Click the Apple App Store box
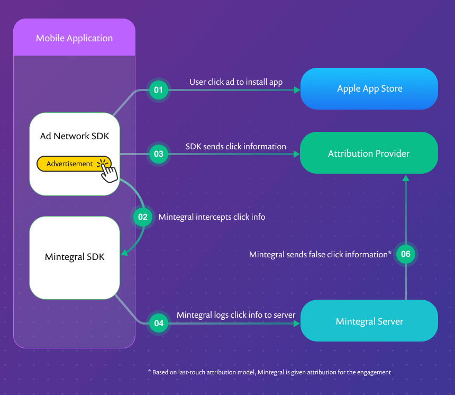[x=369, y=89]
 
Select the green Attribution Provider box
[x=369, y=154]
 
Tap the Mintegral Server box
[x=369, y=321]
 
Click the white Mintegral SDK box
[x=75, y=257]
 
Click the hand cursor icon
[x=108, y=170]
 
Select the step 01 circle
[x=158, y=90]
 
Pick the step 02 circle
[x=142, y=217]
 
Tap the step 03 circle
[x=158, y=154]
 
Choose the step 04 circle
[x=158, y=323]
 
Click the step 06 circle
[x=406, y=254]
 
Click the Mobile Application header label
[x=74, y=38]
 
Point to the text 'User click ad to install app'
[x=236, y=82]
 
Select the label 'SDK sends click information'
[x=235, y=146]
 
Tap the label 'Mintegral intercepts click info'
[x=212, y=217]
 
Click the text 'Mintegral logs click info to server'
[x=235, y=315]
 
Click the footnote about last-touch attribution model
[x=269, y=372]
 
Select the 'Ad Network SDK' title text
[x=75, y=136]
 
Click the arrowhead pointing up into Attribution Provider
[x=406, y=178]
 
